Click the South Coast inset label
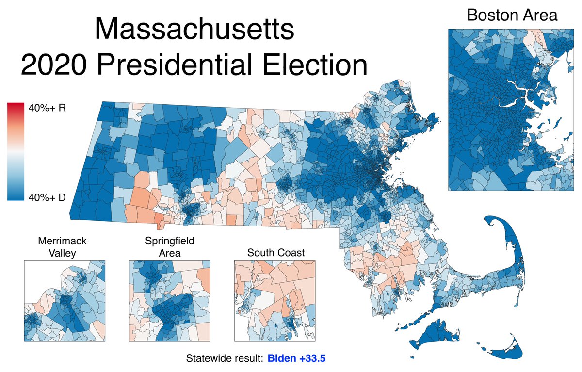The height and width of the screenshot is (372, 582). click(x=275, y=252)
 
